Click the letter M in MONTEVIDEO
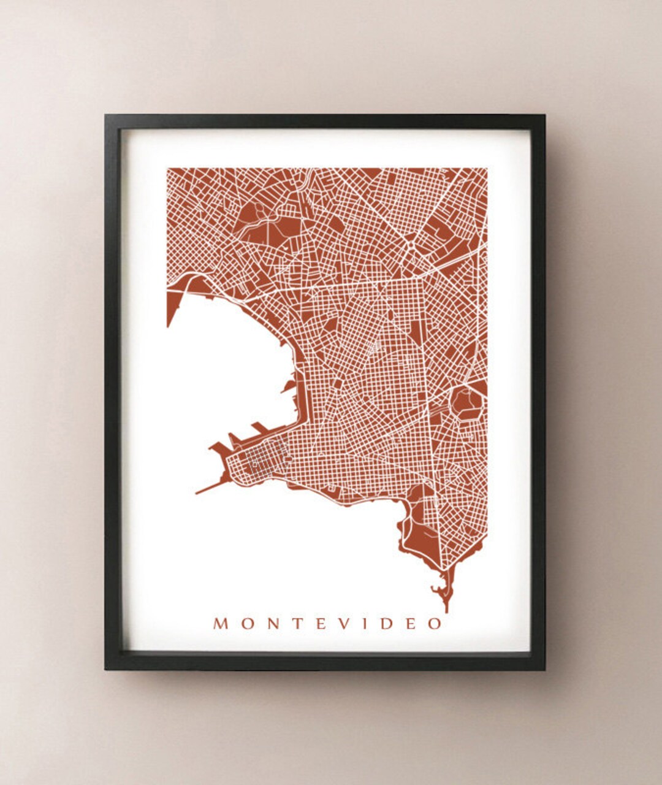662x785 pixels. [x=221, y=624]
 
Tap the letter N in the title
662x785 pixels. [x=268, y=624]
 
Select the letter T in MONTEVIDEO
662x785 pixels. [x=291, y=624]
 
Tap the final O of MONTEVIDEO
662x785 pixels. [x=434, y=624]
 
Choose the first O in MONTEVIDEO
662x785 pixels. [x=244, y=624]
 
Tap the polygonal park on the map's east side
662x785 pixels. [x=467, y=402]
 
